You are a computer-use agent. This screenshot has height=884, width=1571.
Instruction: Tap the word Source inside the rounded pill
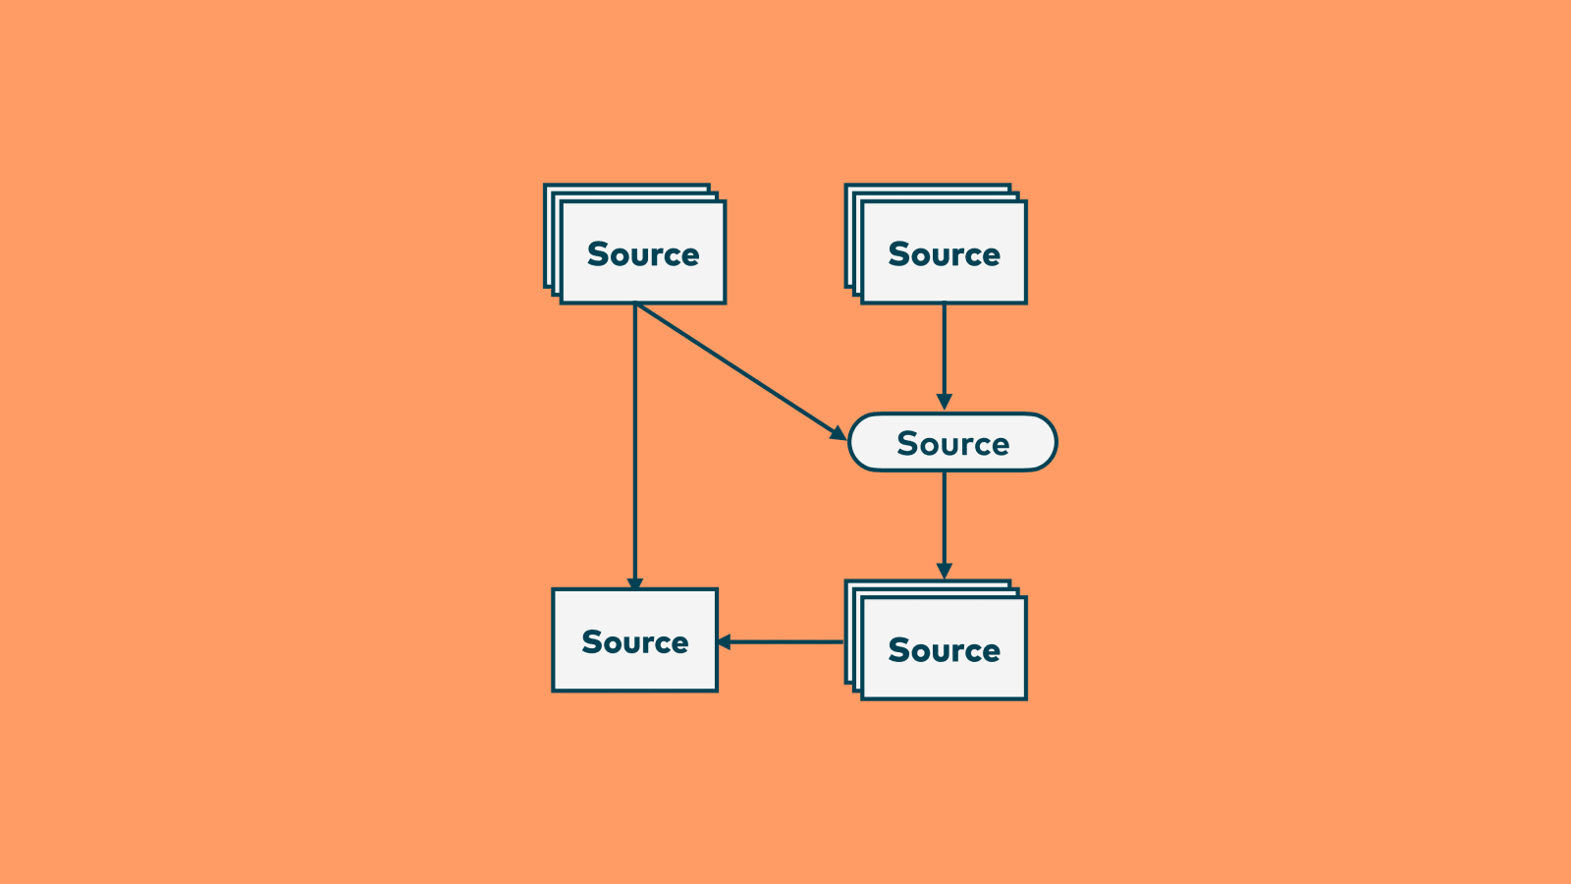952,444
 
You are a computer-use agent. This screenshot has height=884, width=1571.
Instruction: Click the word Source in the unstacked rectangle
635,642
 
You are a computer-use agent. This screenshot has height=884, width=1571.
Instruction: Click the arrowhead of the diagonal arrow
838,433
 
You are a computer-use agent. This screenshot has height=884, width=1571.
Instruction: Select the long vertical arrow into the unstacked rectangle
635,442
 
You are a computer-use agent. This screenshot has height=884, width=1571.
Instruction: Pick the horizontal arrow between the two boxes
785,642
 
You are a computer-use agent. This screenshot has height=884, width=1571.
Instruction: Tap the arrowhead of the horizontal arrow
725,642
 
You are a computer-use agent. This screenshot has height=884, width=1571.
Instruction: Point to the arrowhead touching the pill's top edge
945,403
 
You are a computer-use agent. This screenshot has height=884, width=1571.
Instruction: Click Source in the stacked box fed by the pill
944,650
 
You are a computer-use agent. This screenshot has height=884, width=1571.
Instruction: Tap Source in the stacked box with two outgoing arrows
643,254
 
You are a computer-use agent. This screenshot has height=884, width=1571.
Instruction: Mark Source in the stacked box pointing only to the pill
944,254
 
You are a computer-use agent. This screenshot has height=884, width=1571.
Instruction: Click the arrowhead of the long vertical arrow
635,583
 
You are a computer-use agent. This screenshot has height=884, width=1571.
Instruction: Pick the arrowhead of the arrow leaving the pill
945,571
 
